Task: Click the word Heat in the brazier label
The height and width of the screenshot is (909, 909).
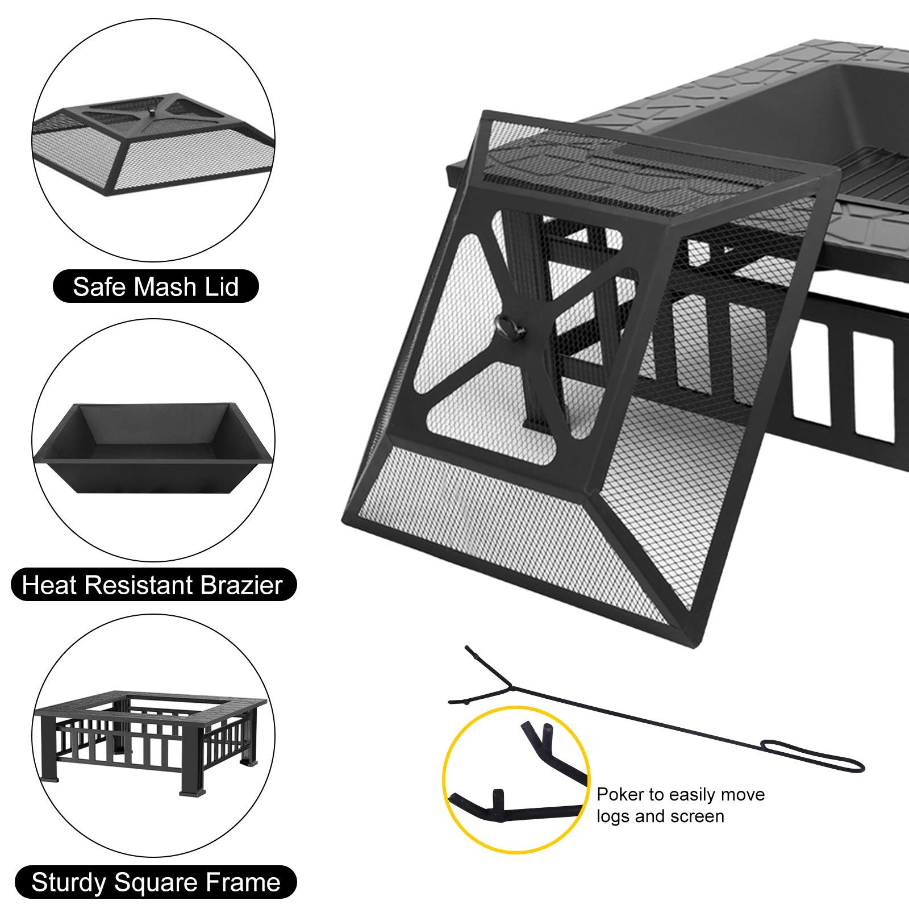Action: [x=48, y=585]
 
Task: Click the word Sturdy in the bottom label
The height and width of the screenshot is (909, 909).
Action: [x=68, y=882]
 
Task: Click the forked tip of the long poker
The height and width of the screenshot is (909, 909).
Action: [x=477, y=676]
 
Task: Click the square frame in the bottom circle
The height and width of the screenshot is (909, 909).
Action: [x=153, y=739]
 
